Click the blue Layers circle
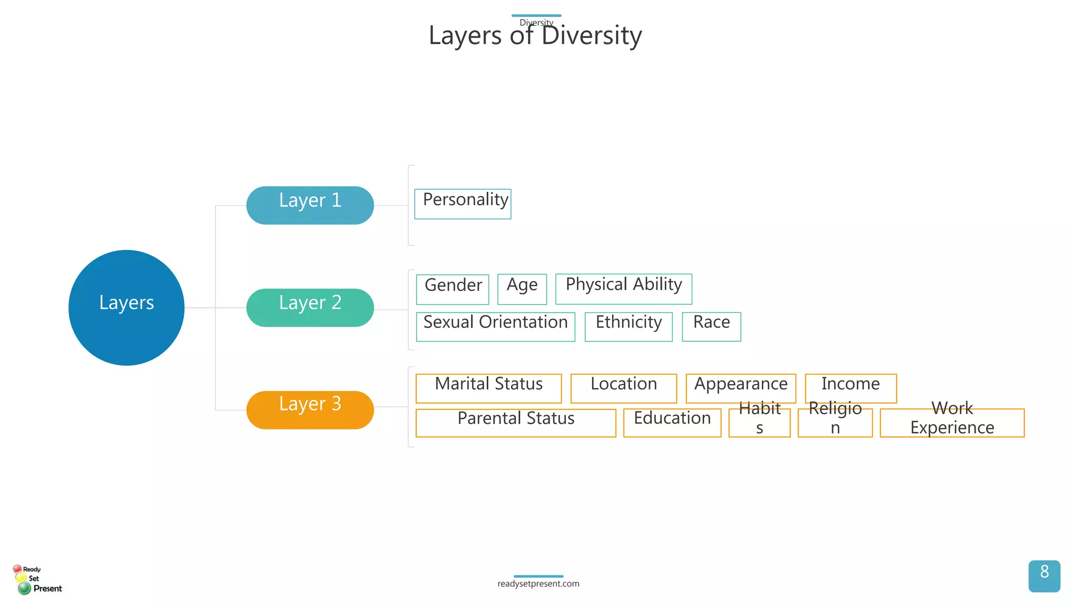coord(126,308)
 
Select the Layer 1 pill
coord(310,205)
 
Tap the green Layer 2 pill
coord(310,308)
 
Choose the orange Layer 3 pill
coord(310,410)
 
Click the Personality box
coord(463,204)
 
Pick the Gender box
coord(453,289)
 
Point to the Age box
coord(522,289)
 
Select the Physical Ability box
coord(623,288)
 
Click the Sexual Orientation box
coord(496,327)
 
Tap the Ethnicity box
coord(628,327)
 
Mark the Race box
coord(711,327)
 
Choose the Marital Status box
coord(488,388)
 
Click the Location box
coord(623,388)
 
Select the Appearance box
coord(741,388)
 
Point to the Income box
coord(851,388)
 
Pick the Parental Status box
coord(516,422)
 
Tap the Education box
coord(672,422)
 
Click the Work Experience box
coord(952,422)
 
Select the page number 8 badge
coord(1044,576)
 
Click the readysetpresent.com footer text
coord(538,584)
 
